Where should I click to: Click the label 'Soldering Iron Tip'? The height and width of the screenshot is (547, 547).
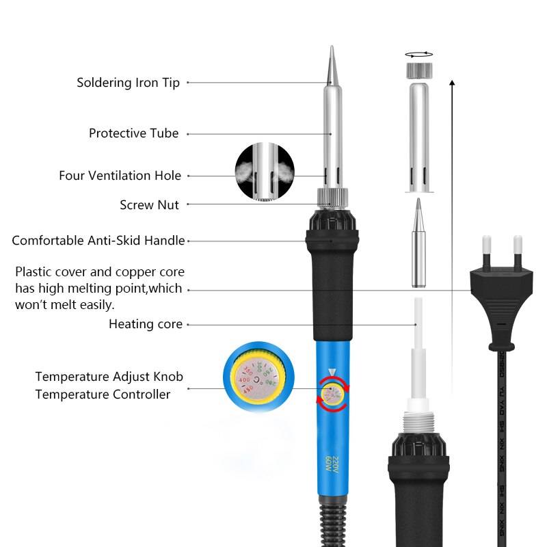(128, 83)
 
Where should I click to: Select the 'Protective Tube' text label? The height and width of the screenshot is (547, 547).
(133, 133)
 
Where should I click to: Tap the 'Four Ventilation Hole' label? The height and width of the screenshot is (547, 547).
(120, 176)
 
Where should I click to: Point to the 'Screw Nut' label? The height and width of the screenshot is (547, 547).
(149, 204)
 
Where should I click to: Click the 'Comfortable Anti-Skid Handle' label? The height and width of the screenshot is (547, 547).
(98, 241)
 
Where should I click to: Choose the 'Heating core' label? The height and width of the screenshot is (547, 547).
(146, 324)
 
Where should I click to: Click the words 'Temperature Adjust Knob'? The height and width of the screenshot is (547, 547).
(109, 377)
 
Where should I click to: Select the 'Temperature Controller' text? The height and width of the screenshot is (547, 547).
(103, 394)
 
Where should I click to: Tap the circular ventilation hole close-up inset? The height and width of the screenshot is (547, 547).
(264, 172)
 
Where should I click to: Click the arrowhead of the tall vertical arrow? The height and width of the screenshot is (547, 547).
(452, 83)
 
